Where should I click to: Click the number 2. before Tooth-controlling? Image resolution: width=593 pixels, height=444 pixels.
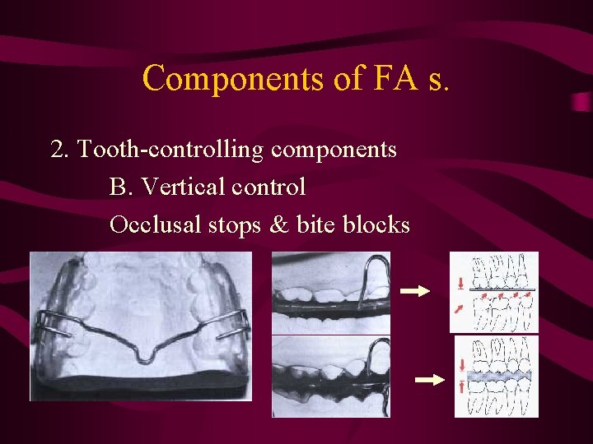pos(59,150)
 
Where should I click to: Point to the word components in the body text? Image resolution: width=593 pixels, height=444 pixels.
pos(334,150)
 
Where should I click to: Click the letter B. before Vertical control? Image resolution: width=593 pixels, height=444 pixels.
pos(121,187)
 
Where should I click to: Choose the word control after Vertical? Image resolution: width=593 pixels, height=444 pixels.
pos(269,187)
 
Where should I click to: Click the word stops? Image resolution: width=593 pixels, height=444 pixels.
pos(234,224)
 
